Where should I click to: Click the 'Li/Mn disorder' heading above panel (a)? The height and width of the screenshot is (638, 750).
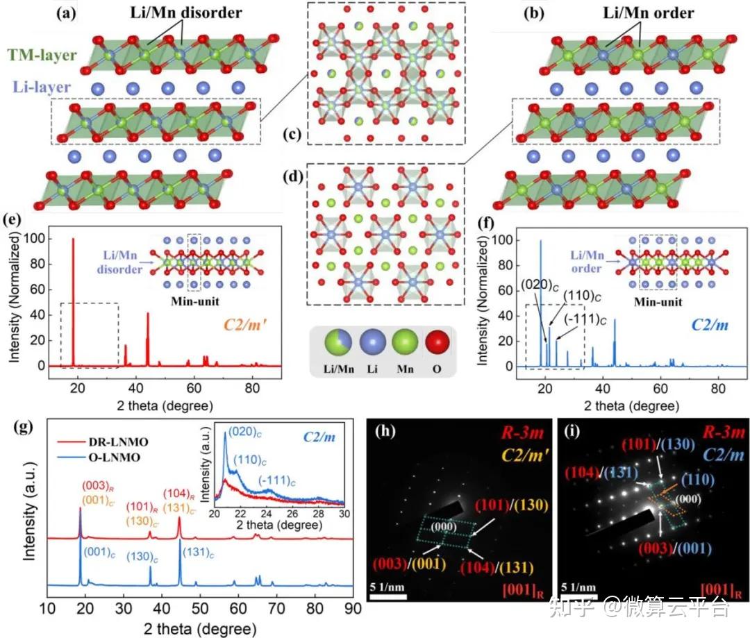187,12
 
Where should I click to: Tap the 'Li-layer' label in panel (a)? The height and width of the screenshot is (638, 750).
41,87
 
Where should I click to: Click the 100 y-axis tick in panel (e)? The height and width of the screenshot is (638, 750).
36,240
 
